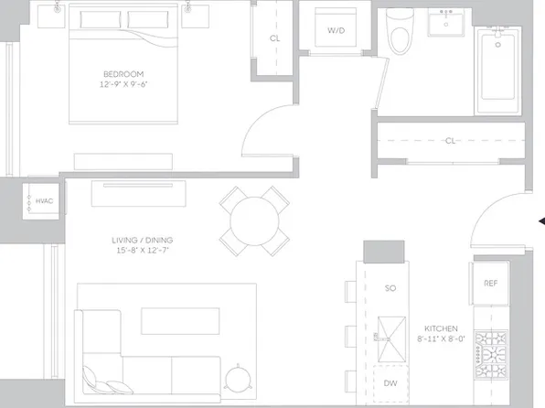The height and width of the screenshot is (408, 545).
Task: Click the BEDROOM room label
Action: click(x=123, y=73)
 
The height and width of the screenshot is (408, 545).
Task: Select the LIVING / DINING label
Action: click(x=140, y=241)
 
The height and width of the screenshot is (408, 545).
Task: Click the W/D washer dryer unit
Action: click(x=336, y=31)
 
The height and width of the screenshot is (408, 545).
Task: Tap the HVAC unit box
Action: click(x=43, y=200)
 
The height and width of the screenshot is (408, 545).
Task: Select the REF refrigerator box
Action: click(x=489, y=284)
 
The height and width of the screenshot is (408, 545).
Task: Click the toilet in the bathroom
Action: click(x=400, y=33)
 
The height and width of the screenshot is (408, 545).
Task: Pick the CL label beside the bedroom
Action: click(x=274, y=39)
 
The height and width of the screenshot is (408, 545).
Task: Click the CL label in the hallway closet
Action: click(x=450, y=141)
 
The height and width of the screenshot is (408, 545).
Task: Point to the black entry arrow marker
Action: click(x=540, y=220)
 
